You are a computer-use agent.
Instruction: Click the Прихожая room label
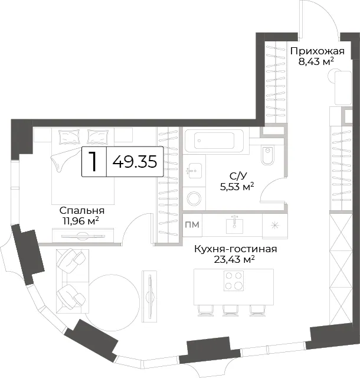(317, 51)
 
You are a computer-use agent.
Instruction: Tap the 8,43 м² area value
(316, 61)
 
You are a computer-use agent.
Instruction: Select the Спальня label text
(82, 211)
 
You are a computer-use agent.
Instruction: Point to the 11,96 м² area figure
(81, 221)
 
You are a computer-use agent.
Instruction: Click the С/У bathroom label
(238, 176)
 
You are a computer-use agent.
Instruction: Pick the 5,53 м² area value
(237, 187)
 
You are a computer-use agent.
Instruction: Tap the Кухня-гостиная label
(235, 249)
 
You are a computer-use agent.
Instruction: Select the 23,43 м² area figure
(234, 259)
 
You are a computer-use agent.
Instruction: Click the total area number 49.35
(135, 161)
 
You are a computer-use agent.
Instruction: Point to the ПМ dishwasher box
(192, 225)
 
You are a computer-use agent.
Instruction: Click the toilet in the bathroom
(267, 155)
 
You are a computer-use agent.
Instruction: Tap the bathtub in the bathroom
(214, 141)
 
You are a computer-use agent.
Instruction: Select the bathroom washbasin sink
(195, 171)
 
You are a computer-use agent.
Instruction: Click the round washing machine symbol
(194, 198)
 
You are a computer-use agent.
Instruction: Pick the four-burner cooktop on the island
(234, 281)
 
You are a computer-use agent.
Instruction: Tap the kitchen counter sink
(234, 224)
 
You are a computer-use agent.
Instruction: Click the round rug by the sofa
(112, 299)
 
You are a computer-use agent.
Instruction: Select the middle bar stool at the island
(231, 311)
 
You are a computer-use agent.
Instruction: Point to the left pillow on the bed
(69, 137)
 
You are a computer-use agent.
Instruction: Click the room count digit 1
(93, 161)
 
